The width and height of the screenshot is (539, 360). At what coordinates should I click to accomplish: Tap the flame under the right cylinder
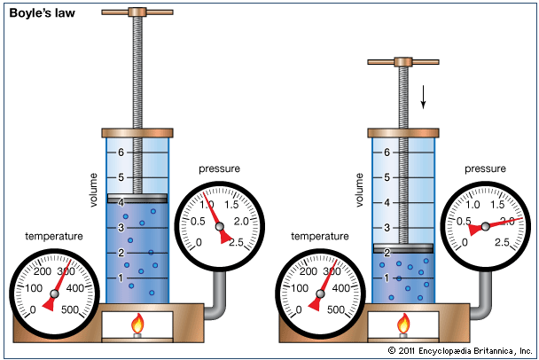pyautogui.click(x=403, y=325)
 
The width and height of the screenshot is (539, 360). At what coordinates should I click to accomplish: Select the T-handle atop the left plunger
pyautogui.click(x=137, y=13)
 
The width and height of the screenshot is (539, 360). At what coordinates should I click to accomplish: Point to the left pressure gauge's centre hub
pyautogui.click(x=220, y=226)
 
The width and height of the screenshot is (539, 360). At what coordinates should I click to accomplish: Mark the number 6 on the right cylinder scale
pyautogui.click(x=387, y=153)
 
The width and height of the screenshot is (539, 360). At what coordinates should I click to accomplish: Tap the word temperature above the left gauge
pyautogui.click(x=53, y=237)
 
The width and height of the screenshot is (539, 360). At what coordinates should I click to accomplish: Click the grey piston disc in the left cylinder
pyautogui.click(x=137, y=199)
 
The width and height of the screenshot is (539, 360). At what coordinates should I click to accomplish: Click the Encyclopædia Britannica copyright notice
pyautogui.click(x=460, y=350)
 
